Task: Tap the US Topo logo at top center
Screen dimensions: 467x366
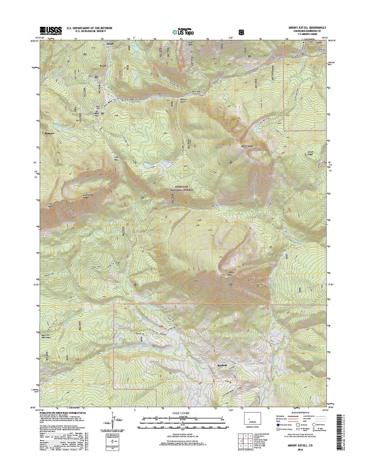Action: pos(183,31)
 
